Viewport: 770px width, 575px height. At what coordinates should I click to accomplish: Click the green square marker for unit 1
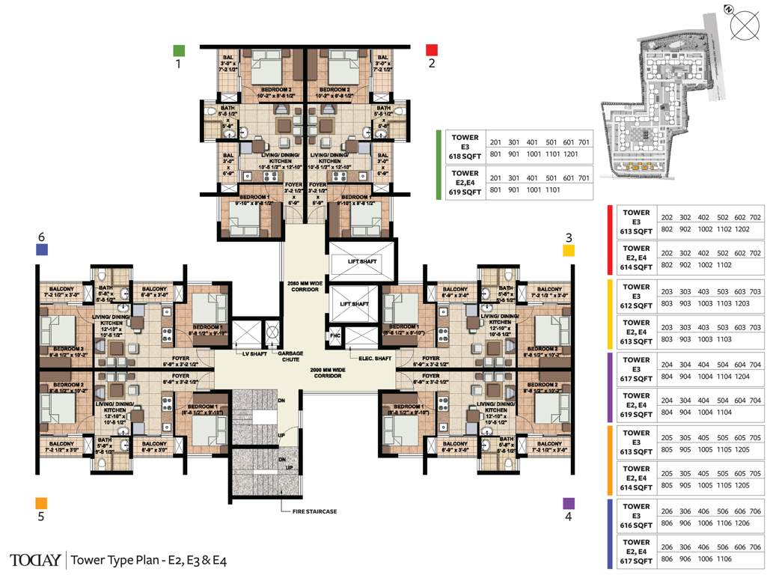pyautogui.click(x=178, y=51)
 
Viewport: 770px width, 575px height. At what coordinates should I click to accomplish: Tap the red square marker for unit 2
pyautogui.click(x=431, y=50)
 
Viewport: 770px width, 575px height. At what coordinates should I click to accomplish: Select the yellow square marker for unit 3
pyautogui.click(x=569, y=250)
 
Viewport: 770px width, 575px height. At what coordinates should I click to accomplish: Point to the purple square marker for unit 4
pyautogui.click(x=569, y=504)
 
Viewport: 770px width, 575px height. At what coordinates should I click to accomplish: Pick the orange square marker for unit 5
pyautogui.click(x=41, y=503)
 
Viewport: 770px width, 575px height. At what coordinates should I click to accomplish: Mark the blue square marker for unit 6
pyautogui.click(x=42, y=250)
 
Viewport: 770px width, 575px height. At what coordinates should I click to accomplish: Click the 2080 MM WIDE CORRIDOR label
pyautogui.click(x=303, y=287)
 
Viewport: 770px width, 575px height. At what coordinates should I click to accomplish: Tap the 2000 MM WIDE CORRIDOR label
pyautogui.click(x=328, y=372)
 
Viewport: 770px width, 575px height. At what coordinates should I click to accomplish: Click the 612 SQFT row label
pyautogui.click(x=636, y=305)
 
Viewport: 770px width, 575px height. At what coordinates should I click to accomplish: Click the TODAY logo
pyautogui.click(x=34, y=559)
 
